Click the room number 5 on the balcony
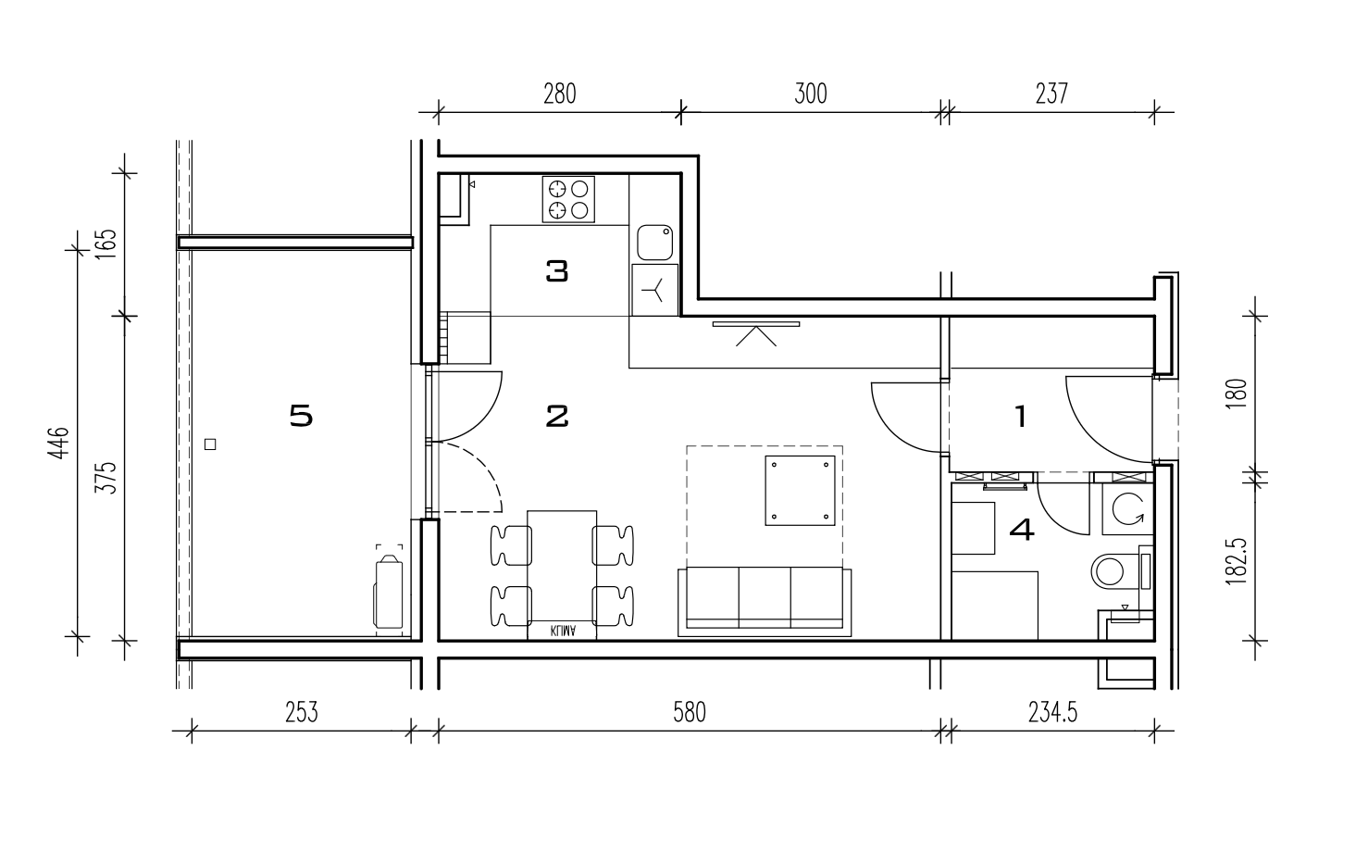point(301,416)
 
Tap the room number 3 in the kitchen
point(557,271)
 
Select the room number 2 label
point(557,417)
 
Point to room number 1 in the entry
point(1021,417)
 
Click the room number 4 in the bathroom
point(1022,530)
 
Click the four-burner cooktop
point(568,200)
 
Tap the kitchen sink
point(654,243)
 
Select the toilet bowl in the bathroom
point(1115,571)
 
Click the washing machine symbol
point(1127,509)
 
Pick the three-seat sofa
point(765,602)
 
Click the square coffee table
point(800,491)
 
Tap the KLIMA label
point(563,631)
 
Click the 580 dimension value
point(690,713)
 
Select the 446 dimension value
point(59,444)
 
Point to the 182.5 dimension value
point(1236,562)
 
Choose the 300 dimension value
point(811,94)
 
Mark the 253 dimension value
point(302,713)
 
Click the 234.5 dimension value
point(1053,713)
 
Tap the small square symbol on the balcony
point(210,444)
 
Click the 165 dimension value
point(106,244)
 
